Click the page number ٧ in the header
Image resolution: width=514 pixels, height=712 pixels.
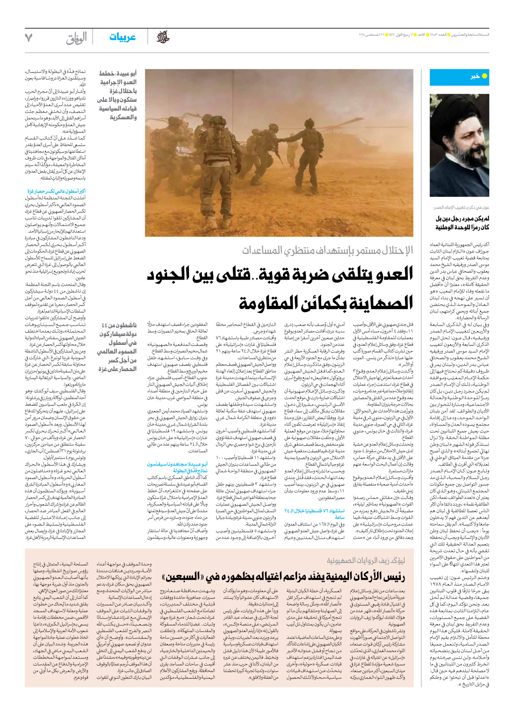point(28,38)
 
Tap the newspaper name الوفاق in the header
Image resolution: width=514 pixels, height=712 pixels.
point(76,38)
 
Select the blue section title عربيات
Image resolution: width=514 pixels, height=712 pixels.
point(123,37)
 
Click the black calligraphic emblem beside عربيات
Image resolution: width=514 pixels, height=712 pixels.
point(162,37)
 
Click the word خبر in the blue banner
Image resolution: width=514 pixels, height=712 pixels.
point(475,76)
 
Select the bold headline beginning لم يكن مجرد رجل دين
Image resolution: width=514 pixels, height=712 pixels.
point(462,223)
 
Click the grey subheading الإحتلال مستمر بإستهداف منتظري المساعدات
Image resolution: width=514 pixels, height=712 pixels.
point(327,250)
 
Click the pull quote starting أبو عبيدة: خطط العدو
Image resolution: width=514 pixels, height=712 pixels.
point(117,95)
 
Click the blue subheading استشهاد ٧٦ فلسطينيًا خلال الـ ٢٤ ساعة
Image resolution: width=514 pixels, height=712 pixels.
point(314,514)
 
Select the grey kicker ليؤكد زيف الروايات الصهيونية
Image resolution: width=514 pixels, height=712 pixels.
point(366,561)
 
